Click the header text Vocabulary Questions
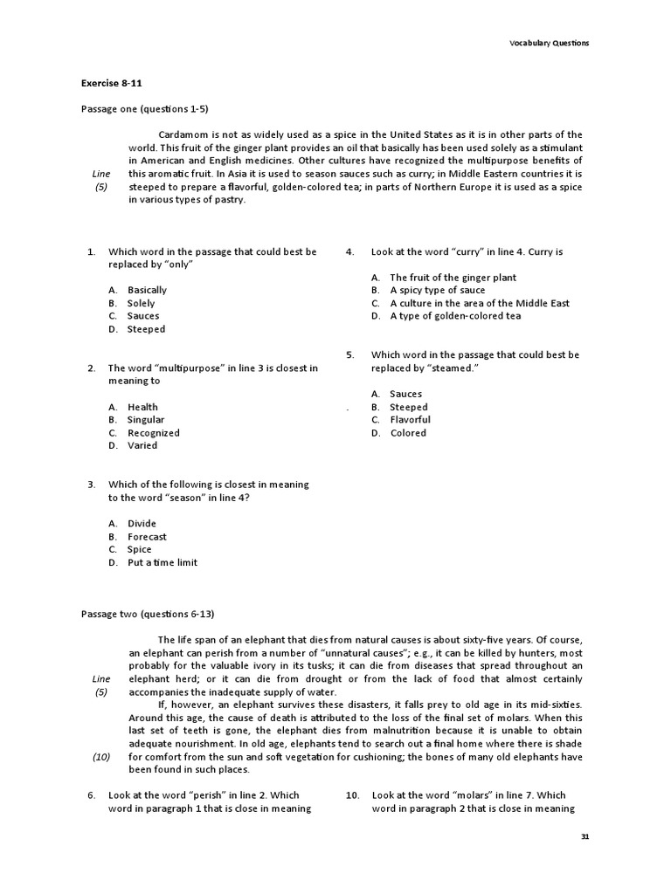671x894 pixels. (x=549, y=43)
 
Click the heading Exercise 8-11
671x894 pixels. (x=112, y=84)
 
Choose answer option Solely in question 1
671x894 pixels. (x=141, y=303)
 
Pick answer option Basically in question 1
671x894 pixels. (x=147, y=290)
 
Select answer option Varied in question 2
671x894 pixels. (x=142, y=445)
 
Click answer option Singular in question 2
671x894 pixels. (x=146, y=420)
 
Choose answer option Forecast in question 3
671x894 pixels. (x=147, y=537)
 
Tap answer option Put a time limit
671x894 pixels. (x=163, y=562)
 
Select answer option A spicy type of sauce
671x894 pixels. (x=437, y=290)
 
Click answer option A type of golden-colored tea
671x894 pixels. (x=454, y=316)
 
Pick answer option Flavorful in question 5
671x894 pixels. (x=410, y=420)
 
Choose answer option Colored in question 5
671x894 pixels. (x=408, y=433)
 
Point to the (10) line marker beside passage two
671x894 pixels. (x=101, y=757)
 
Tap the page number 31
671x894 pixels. (x=585, y=836)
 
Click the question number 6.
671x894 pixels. (x=91, y=795)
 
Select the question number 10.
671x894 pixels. (x=353, y=795)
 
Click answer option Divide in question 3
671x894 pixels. (x=142, y=524)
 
